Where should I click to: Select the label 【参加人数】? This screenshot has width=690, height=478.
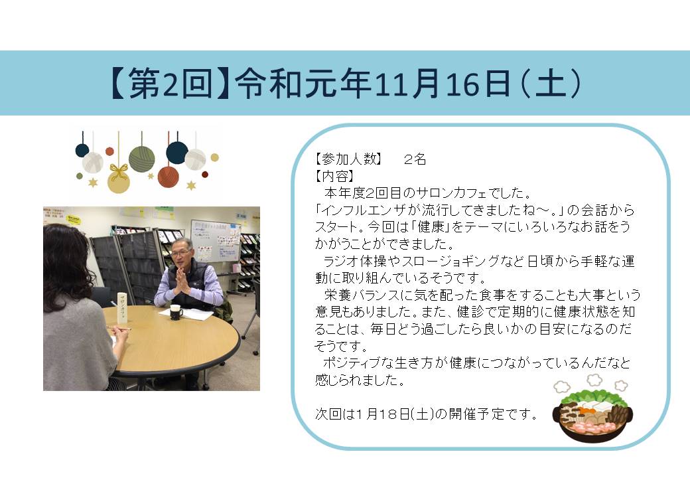point(348,159)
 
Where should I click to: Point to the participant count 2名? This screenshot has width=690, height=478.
point(415,159)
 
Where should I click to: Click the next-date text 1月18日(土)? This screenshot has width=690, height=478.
point(395,414)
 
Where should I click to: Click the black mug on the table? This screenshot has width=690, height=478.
point(176,311)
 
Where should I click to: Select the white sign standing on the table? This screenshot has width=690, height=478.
point(121,307)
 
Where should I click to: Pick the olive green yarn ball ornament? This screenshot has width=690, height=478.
point(142,159)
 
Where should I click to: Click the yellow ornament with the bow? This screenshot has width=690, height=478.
point(119,179)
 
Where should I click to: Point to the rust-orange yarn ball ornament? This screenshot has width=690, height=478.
point(169,177)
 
